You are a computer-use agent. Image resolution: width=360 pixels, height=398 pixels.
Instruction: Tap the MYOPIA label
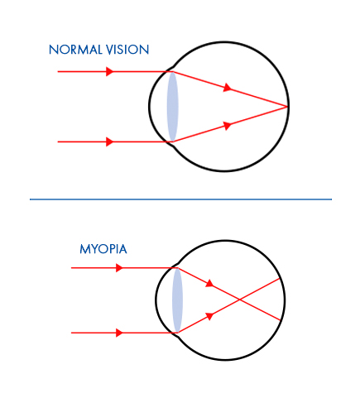103,249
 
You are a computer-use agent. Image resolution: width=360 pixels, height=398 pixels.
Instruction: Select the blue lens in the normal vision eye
173,107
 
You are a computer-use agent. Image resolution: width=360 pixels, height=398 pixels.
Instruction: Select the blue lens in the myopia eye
177,300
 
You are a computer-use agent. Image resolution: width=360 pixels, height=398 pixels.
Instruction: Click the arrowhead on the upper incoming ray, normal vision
110,71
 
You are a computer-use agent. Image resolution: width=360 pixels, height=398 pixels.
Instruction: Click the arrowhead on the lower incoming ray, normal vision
110,141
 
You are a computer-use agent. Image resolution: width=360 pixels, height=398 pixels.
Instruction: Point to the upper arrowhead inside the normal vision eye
228,88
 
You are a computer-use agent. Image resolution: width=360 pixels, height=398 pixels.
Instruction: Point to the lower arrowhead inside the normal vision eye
228,126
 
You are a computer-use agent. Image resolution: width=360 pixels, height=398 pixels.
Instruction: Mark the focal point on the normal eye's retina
287,106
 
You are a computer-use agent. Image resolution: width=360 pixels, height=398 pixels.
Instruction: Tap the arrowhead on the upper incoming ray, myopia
119,268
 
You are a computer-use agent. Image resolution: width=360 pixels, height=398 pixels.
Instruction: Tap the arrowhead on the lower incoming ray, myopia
119,333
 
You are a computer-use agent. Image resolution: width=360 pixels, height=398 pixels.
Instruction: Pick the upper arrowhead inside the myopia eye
209,283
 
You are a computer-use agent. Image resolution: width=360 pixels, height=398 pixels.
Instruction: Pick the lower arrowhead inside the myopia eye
209,316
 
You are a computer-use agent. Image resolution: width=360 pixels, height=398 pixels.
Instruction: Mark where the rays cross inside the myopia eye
239,300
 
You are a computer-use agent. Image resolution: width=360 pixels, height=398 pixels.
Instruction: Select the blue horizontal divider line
180,199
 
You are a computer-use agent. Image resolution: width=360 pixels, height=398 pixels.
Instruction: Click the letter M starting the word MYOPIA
84,249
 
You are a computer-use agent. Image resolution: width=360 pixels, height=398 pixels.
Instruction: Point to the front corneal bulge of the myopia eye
156,300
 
